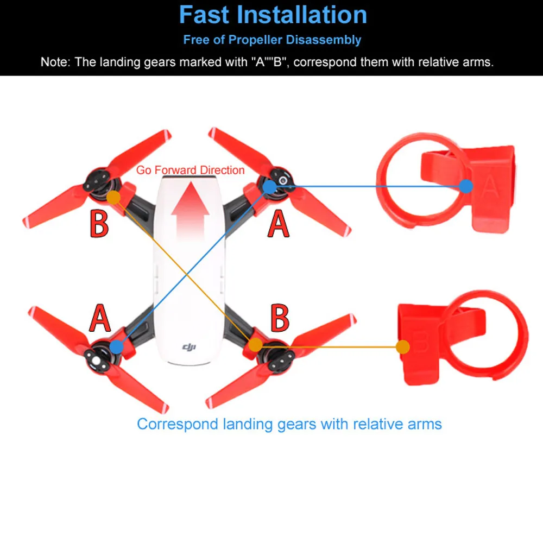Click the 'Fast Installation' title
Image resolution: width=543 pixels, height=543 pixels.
[x=273, y=15]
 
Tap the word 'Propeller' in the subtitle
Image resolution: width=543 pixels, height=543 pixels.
[x=256, y=40]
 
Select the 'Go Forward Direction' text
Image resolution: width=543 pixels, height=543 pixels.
[x=190, y=170]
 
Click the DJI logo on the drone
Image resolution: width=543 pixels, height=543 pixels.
[x=189, y=346]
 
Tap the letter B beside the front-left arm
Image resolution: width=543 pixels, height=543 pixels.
[x=99, y=224]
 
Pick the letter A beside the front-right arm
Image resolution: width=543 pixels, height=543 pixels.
[x=278, y=224]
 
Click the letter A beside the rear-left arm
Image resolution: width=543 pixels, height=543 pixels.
[x=100, y=318]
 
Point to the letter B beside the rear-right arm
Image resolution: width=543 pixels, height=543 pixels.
[x=280, y=318]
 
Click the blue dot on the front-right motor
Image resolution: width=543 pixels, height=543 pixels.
[x=270, y=187]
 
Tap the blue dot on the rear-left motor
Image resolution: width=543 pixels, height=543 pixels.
[x=117, y=346]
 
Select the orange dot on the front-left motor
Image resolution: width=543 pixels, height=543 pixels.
[x=113, y=198]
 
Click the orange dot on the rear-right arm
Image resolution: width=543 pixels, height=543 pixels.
[x=256, y=345]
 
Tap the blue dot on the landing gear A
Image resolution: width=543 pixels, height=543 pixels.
[x=466, y=186]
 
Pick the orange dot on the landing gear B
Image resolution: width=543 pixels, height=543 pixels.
[x=403, y=346]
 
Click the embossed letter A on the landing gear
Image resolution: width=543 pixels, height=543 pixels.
[x=490, y=186]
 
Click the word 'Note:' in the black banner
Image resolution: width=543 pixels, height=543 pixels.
[x=55, y=62]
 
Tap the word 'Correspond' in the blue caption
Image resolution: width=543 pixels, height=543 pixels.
[x=178, y=425]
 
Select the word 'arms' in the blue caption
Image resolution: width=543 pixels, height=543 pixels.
[x=425, y=424]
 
